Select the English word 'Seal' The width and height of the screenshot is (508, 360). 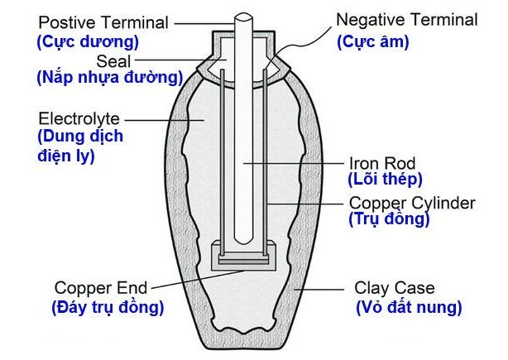coord(114,60)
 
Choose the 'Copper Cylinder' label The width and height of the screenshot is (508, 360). coord(411,203)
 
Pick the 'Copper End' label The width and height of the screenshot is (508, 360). coord(100,288)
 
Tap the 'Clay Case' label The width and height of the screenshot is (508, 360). coord(394,289)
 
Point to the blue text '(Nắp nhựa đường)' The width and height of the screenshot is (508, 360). coord(109,79)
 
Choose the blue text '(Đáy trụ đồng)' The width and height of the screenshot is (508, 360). coord(108,307)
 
